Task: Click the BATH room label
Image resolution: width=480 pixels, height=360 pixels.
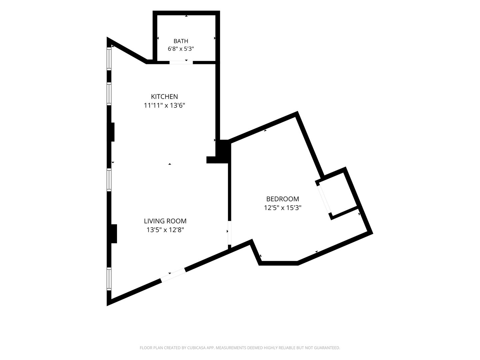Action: [181, 41]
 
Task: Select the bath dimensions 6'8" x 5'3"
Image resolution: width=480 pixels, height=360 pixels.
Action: [181, 49]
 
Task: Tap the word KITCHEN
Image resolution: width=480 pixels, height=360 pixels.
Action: [164, 96]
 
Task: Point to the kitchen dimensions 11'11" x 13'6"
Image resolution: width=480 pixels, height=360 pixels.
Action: [164, 105]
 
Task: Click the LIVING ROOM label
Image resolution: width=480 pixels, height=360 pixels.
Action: [165, 221]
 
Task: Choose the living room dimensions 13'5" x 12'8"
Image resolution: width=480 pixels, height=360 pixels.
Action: [165, 230]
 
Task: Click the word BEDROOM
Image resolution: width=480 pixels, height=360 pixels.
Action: [283, 199]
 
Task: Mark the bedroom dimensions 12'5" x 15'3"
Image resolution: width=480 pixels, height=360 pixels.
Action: [283, 208]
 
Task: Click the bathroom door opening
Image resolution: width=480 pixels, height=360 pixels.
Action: [181, 63]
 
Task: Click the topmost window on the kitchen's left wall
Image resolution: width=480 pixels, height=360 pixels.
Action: [109, 59]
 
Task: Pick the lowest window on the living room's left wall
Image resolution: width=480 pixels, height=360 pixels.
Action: [109, 279]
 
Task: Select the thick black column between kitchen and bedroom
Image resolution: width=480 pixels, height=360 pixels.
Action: [223, 151]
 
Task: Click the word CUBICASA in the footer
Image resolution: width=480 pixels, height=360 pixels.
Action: [196, 348]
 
